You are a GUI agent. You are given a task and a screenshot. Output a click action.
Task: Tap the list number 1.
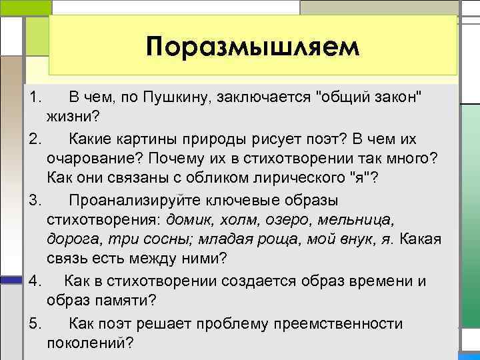coord(35,99)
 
